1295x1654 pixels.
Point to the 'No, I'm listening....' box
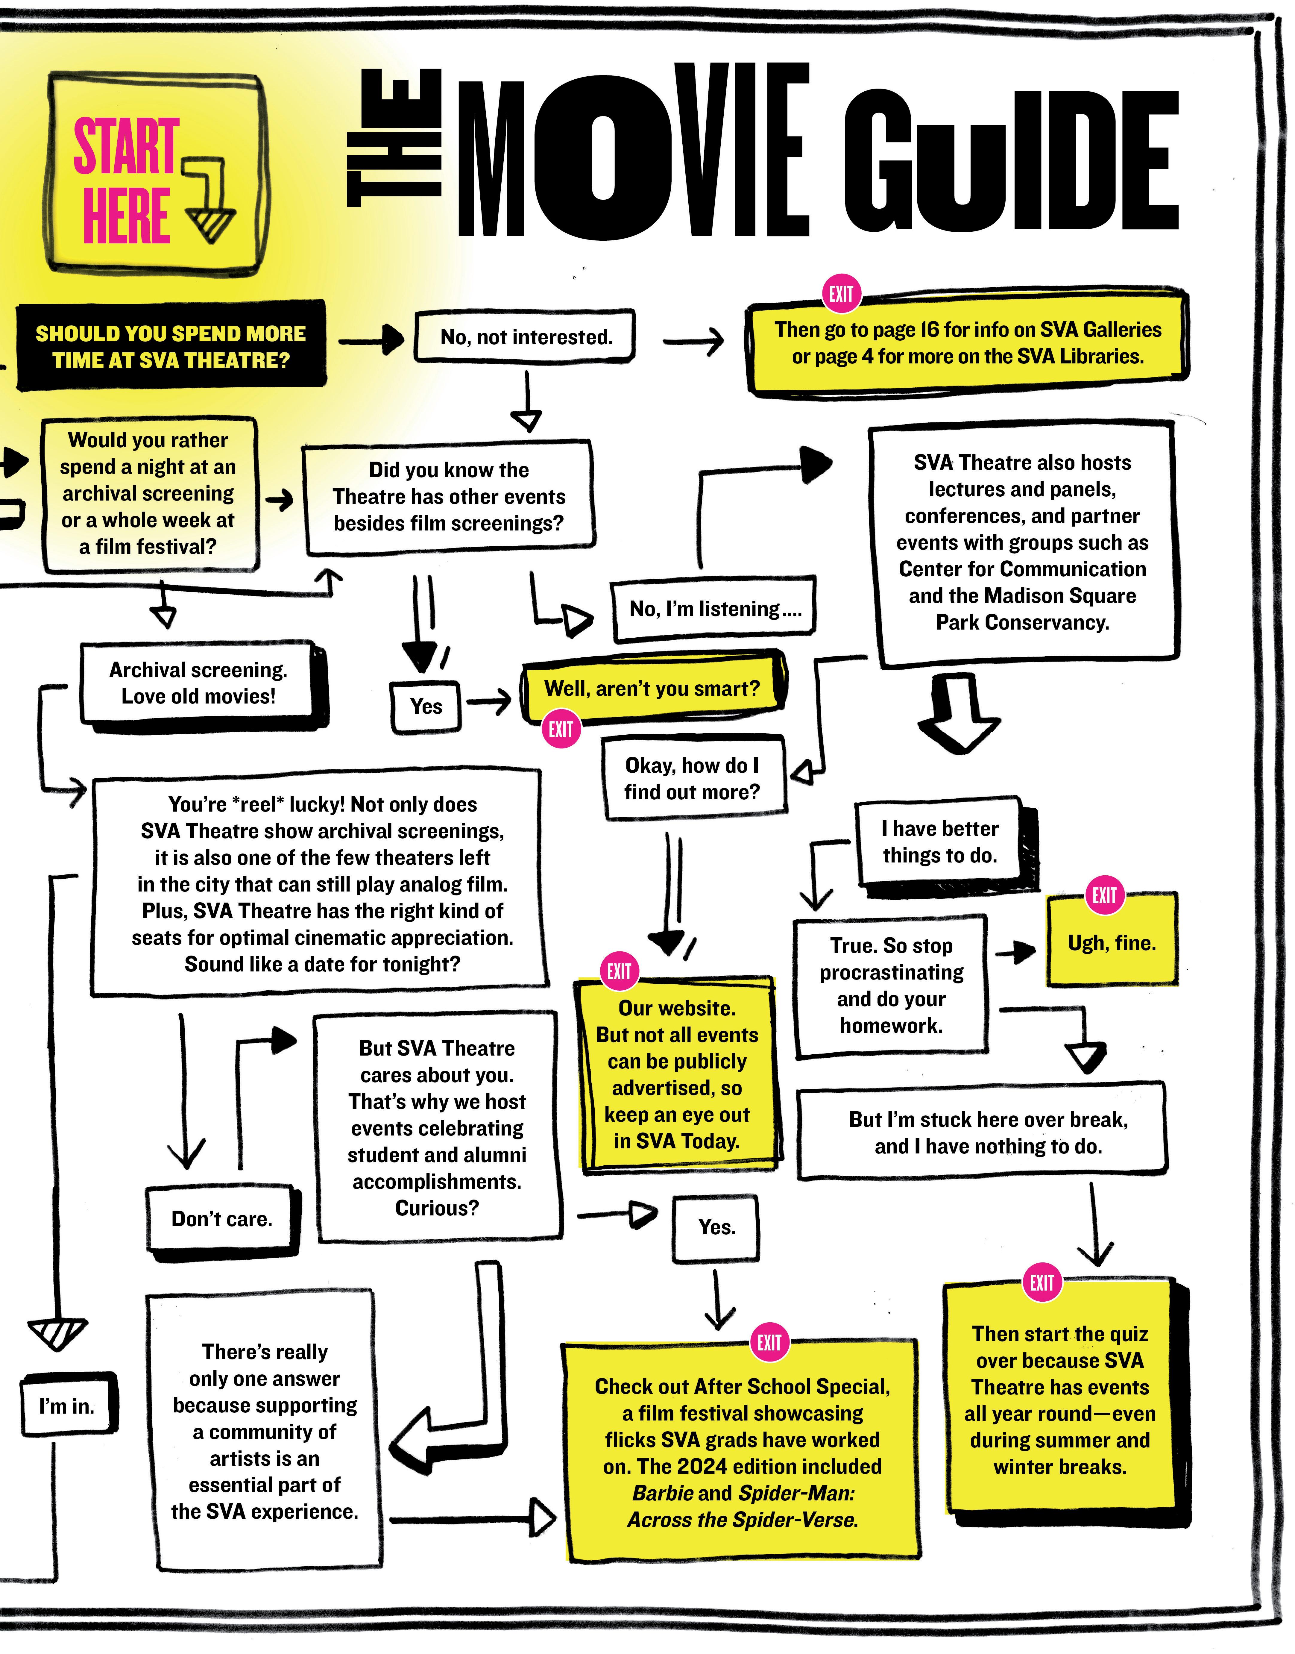tap(714, 609)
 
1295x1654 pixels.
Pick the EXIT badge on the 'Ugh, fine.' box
tap(1104, 896)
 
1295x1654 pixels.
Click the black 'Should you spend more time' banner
tap(171, 347)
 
